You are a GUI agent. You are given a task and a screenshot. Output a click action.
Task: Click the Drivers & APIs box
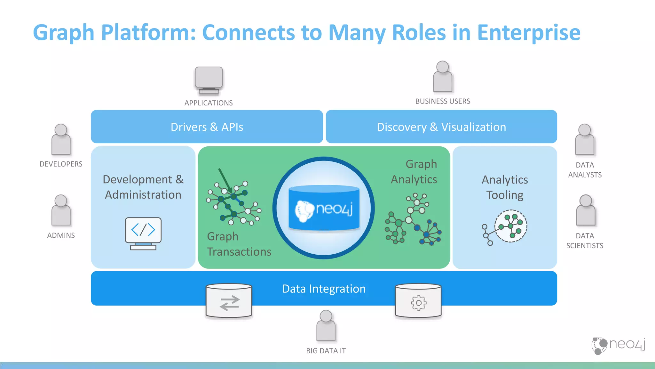[x=207, y=127]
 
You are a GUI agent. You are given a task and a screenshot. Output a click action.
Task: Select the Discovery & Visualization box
[x=441, y=127]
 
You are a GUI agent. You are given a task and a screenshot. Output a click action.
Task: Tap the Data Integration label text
[x=324, y=289]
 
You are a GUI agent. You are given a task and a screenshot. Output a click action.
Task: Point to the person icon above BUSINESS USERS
[x=443, y=77]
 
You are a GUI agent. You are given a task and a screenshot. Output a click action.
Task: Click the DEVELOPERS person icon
[x=61, y=140]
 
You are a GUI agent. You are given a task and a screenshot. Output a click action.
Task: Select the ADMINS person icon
[x=61, y=211]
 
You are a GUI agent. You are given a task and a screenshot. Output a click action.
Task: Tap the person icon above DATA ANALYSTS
[x=585, y=140]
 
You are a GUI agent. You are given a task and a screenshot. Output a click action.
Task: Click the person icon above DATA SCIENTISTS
[x=585, y=211]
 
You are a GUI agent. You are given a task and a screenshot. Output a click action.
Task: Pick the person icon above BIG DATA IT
[x=326, y=326]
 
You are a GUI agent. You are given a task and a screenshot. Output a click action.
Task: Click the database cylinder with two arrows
[x=229, y=300]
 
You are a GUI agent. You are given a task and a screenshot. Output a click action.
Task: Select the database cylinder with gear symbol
[x=418, y=300]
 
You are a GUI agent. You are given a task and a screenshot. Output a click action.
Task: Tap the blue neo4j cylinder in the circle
[x=324, y=208]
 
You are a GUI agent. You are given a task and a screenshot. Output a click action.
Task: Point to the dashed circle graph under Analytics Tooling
[x=510, y=226]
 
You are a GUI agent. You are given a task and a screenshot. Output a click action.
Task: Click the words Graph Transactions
[x=239, y=244]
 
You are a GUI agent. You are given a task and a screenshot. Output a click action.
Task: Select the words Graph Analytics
[x=414, y=172]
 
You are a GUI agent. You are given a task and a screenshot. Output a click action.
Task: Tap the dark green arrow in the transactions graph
[x=225, y=181]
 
